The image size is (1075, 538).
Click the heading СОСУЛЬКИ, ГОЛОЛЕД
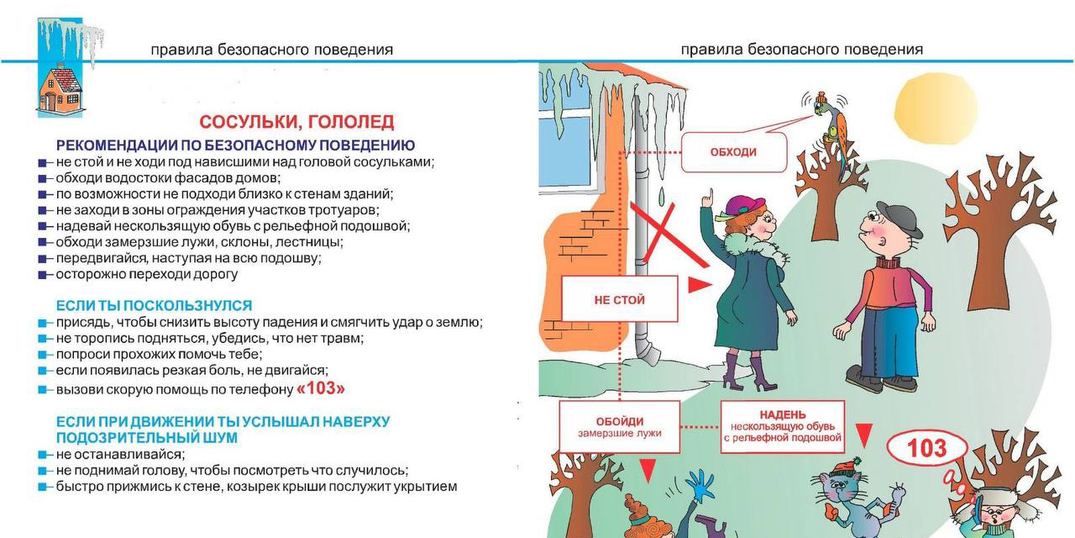coord(296,123)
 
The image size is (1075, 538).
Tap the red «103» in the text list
coord(321,389)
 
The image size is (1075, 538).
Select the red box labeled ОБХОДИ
coord(733,152)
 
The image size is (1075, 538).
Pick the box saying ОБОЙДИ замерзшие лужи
coord(620,426)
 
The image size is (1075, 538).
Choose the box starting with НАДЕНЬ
coord(782,426)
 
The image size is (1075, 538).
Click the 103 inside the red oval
coord(926,449)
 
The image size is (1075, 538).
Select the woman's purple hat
coord(744,205)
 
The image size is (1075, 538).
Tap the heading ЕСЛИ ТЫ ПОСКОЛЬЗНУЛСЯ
coord(154,306)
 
